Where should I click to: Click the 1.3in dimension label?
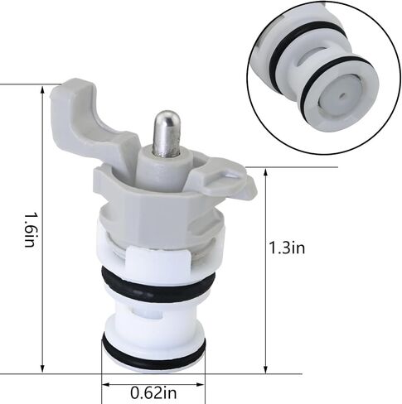point(287,248)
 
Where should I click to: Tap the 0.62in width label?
point(153,392)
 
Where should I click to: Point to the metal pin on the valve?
point(167,133)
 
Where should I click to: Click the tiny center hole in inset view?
point(342,96)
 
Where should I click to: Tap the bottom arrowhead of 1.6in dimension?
point(42,368)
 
